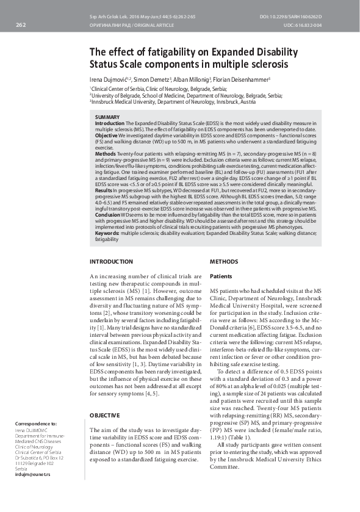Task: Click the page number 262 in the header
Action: tap(20, 25)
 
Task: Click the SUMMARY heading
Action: tap(107, 117)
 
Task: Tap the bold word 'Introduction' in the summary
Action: tap(109, 123)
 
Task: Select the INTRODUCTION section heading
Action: tap(111, 262)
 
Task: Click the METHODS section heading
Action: tap(224, 262)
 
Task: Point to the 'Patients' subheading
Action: tap(221, 276)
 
